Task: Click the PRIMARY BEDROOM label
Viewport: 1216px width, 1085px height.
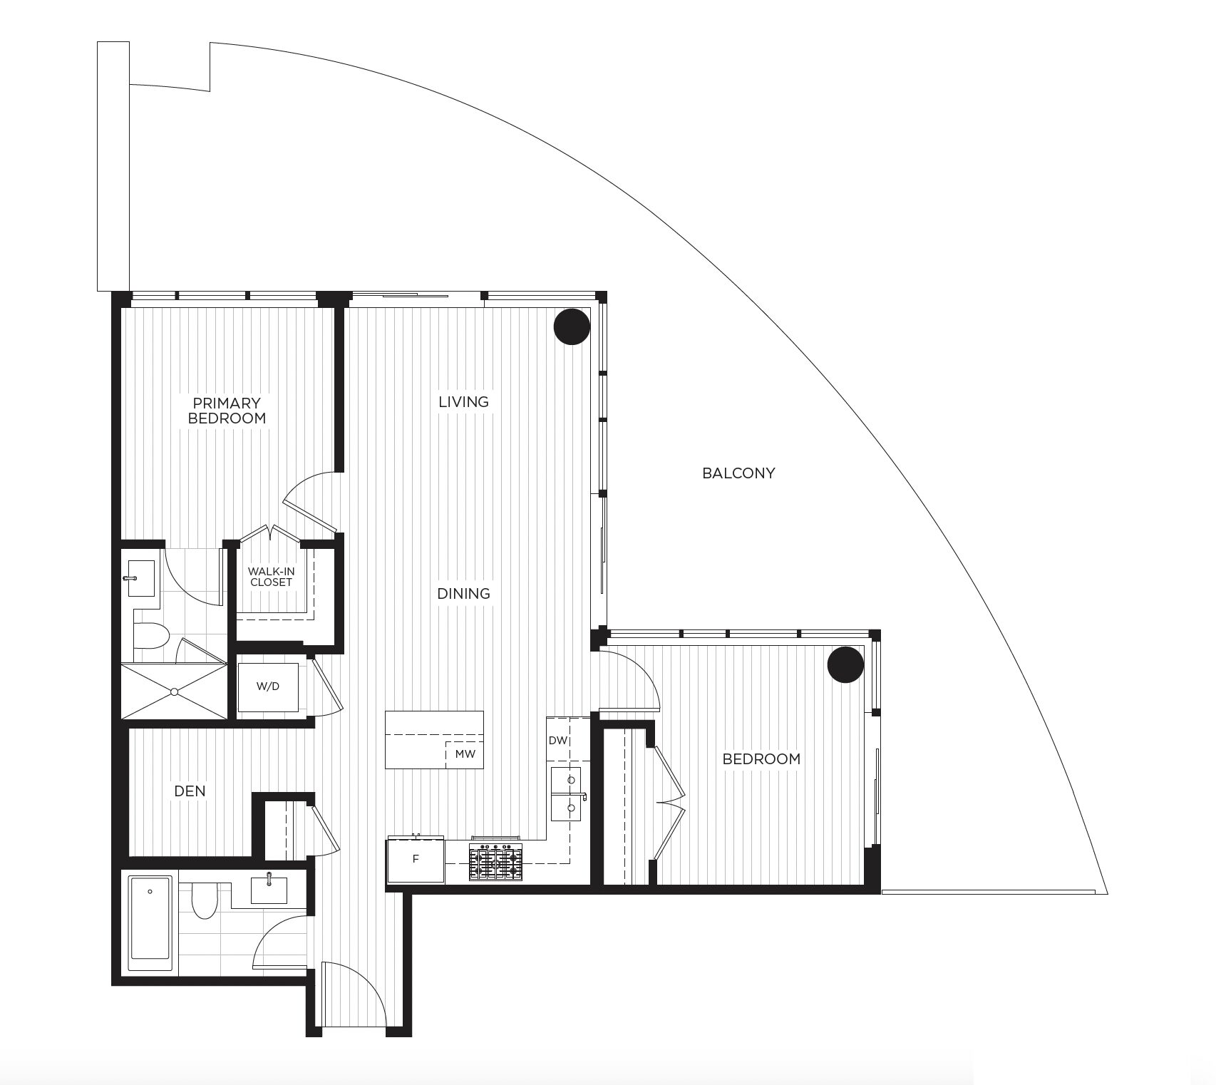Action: coord(227,411)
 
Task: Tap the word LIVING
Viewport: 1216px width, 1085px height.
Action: coord(464,402)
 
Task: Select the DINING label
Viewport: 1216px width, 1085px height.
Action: coord(464,593)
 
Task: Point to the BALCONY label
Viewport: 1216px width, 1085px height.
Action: coord(738,473)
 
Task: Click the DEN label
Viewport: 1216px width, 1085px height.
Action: coord(190,791)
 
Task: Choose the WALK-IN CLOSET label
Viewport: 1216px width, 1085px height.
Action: coord(270,577)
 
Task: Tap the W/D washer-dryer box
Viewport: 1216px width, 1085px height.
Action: coord(268,687)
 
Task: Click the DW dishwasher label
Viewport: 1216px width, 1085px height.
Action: coord(558,741)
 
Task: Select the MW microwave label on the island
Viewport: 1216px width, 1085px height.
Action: coord(465,754)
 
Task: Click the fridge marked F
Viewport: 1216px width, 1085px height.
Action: coord(416,860)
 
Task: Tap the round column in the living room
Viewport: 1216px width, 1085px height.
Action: coord(572,327)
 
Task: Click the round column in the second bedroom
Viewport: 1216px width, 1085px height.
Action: coord(845,664)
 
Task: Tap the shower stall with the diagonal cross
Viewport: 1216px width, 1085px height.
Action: coord(174,691)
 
